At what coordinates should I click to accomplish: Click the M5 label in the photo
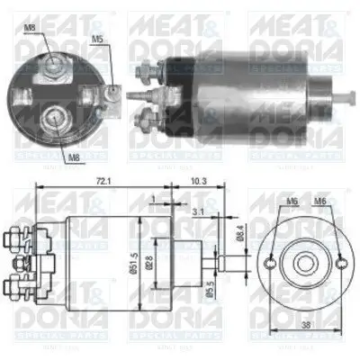coord(96,39)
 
